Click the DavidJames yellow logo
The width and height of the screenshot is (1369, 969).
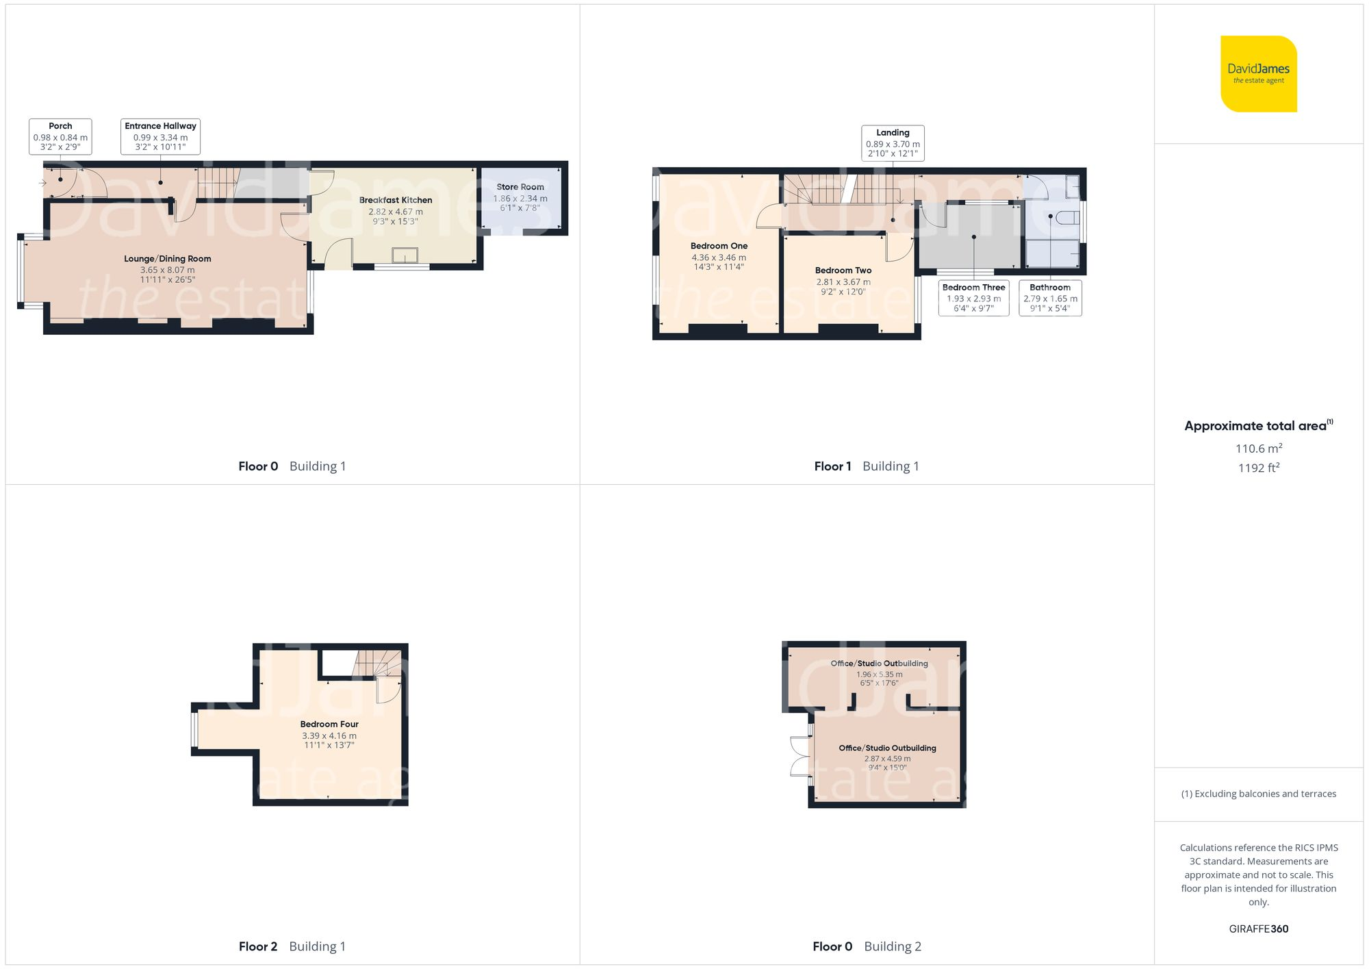pos(1258,74)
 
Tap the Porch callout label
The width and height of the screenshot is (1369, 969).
pos(60,136)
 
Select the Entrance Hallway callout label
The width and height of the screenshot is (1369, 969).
pos(161,136)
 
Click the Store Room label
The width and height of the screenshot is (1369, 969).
pos(520,187)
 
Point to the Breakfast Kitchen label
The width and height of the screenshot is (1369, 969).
pos(396,200)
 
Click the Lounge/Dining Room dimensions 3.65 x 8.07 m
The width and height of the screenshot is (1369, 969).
pos(168,270)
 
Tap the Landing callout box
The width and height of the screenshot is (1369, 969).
pos(893,143)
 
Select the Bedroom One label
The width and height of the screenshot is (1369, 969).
pos(719,246)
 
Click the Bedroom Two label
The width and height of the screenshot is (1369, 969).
pos(843,270)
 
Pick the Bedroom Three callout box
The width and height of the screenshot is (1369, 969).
pos(973,298)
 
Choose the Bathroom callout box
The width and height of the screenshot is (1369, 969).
pos(1050,298)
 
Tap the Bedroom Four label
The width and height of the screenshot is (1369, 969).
pos(329,724)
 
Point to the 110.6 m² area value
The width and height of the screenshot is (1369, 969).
pos(1258,449)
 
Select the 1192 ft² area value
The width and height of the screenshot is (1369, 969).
pos(1258,468)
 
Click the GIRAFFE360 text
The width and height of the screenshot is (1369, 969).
pos(1258,929)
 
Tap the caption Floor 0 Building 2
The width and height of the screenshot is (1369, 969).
pos(867,946)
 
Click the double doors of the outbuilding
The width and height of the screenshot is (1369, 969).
pos(799,757)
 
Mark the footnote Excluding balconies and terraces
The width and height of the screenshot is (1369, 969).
pos(1258,794)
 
